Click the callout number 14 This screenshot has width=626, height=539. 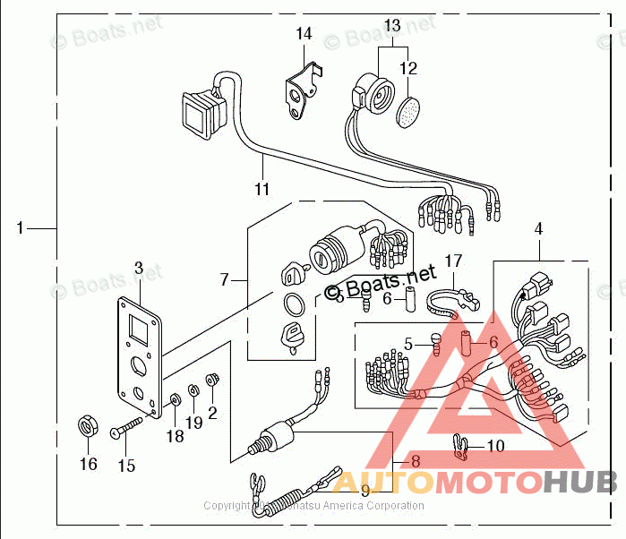[304, 34]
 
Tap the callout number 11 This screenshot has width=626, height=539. [262, 189]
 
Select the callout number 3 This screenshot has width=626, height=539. [139, 267]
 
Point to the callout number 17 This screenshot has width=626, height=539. [454, 261]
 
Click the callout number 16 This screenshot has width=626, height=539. [88, 464]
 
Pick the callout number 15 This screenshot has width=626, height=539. [125, 466]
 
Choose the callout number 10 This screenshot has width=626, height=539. [495, 446]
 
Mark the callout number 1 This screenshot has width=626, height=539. [20, 228]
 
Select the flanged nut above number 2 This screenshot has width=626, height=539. [212, 381]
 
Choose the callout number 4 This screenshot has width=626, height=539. [538, 230]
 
